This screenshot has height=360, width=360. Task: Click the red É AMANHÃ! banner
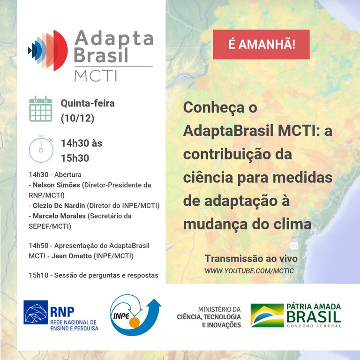coord(262,45)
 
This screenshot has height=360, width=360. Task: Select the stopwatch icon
coord(41,149)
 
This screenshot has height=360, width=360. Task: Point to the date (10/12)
coord(77,119)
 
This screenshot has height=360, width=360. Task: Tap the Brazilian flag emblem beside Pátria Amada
coord(267,315)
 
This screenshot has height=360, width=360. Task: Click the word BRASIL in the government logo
coord(313,316)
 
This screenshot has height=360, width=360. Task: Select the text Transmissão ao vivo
coord(251,259)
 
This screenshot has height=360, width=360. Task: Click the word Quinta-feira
coord(88,103)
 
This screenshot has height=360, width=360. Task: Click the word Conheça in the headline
coord(214,108)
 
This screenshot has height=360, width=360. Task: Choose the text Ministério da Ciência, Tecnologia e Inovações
coord(209,317)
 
